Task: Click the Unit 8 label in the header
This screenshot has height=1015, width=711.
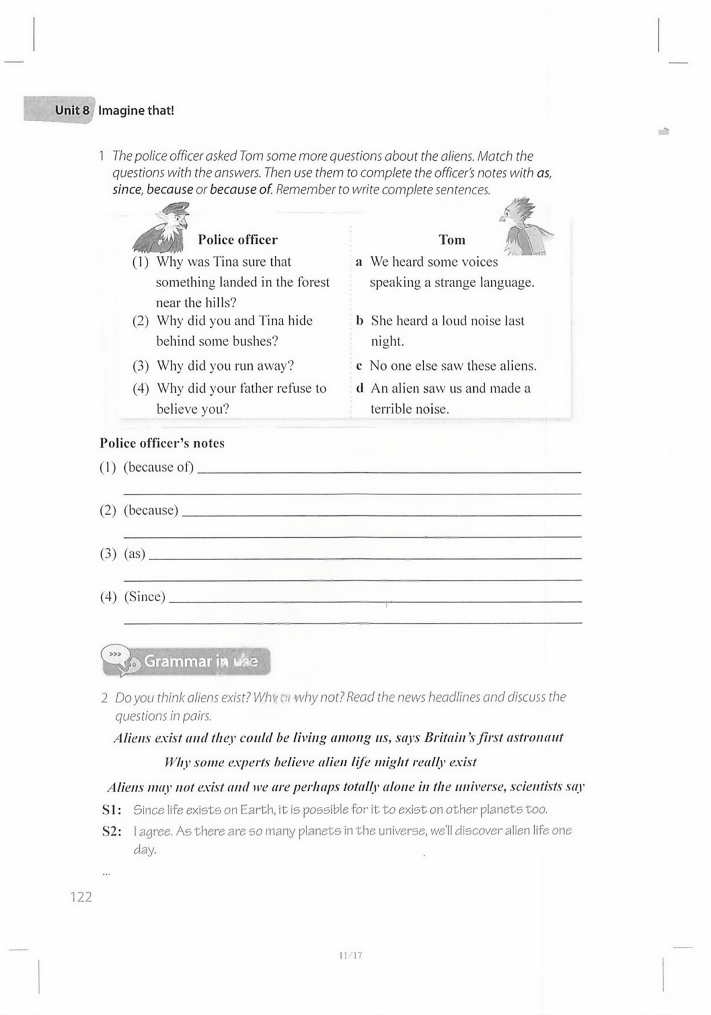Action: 72,111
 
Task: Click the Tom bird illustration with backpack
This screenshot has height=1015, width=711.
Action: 525,228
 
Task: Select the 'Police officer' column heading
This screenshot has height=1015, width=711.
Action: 238,240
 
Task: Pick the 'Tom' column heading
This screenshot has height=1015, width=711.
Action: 452,240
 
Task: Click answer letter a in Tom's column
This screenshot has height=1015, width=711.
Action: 359,262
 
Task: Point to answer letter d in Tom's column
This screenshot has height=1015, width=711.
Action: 360,389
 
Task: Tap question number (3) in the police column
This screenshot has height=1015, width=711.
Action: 140,366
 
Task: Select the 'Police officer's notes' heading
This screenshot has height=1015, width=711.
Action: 162,444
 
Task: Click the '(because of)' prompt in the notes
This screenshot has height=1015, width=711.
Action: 159,467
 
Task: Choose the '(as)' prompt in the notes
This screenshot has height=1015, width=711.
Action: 134,554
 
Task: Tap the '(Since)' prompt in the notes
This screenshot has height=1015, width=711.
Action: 145,597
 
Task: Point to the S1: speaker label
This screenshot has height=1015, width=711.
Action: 112,810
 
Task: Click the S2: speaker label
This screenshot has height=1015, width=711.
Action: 112,831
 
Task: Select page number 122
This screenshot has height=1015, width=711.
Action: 81,897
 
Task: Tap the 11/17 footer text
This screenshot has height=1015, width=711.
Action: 350,955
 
